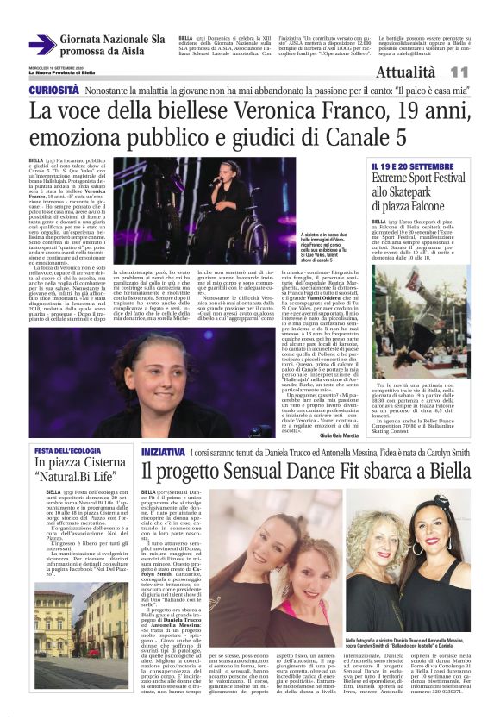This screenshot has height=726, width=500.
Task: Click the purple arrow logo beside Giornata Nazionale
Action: pos(41,45)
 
